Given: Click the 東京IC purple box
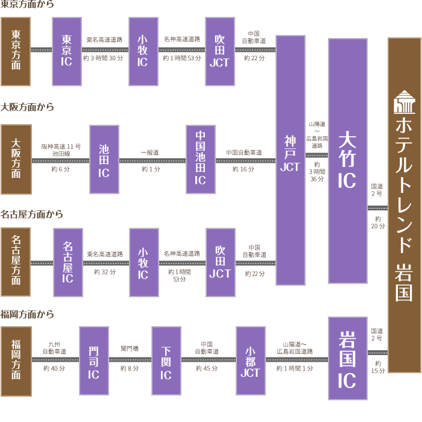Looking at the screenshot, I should click(67, 51).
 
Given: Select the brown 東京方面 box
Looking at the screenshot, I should click(16, 51).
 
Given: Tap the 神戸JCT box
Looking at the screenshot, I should click(290, 160).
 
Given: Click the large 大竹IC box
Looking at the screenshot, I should click(347, 161).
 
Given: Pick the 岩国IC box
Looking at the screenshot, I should click(347, 358).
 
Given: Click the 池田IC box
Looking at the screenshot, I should click(104, 160).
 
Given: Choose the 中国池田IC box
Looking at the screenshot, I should click(201, 160).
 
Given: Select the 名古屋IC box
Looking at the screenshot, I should click(68, 262).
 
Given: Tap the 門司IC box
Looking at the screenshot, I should click(94, 361).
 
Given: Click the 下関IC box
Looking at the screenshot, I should click(166, 361).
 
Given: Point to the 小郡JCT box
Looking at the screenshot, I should click(251, 361).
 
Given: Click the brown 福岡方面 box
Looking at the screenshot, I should click(16, 361).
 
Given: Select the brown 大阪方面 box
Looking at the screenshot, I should click(16, 160).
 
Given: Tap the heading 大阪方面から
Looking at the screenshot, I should click(28, 107).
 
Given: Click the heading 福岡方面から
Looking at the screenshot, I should click(28, 314).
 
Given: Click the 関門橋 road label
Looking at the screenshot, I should click(130, 348).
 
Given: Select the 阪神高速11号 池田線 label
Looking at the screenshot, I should click(60, 150).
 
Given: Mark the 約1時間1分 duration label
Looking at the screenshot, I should click(295, 368).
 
